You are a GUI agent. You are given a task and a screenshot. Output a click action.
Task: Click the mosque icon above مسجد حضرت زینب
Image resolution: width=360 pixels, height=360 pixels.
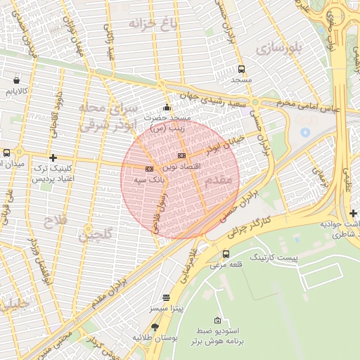167,108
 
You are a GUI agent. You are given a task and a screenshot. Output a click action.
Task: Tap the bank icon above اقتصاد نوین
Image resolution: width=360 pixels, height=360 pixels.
182,155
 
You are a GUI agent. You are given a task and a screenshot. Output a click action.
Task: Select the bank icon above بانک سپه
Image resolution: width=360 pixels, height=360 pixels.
149,169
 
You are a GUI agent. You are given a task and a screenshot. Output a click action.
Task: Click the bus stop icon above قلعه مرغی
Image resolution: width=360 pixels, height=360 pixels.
226,254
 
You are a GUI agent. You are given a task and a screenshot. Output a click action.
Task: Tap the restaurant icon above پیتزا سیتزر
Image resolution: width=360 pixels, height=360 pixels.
166,297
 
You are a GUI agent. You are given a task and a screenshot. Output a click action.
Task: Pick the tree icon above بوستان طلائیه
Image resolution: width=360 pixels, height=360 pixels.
155,327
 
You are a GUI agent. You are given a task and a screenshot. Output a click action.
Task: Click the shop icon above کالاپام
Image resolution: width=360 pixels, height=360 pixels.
16,80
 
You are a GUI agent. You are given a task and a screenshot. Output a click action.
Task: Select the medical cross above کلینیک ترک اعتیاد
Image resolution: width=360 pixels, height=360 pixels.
53,157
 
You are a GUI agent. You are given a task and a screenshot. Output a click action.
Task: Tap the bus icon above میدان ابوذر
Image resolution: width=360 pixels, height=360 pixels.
6,153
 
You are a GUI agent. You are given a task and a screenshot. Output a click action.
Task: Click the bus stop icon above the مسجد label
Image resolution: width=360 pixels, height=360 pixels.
242,69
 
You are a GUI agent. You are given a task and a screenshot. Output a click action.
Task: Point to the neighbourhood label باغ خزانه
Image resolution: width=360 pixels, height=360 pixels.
150,25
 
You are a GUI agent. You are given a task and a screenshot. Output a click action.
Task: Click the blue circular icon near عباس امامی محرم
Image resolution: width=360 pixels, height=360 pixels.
305,131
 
